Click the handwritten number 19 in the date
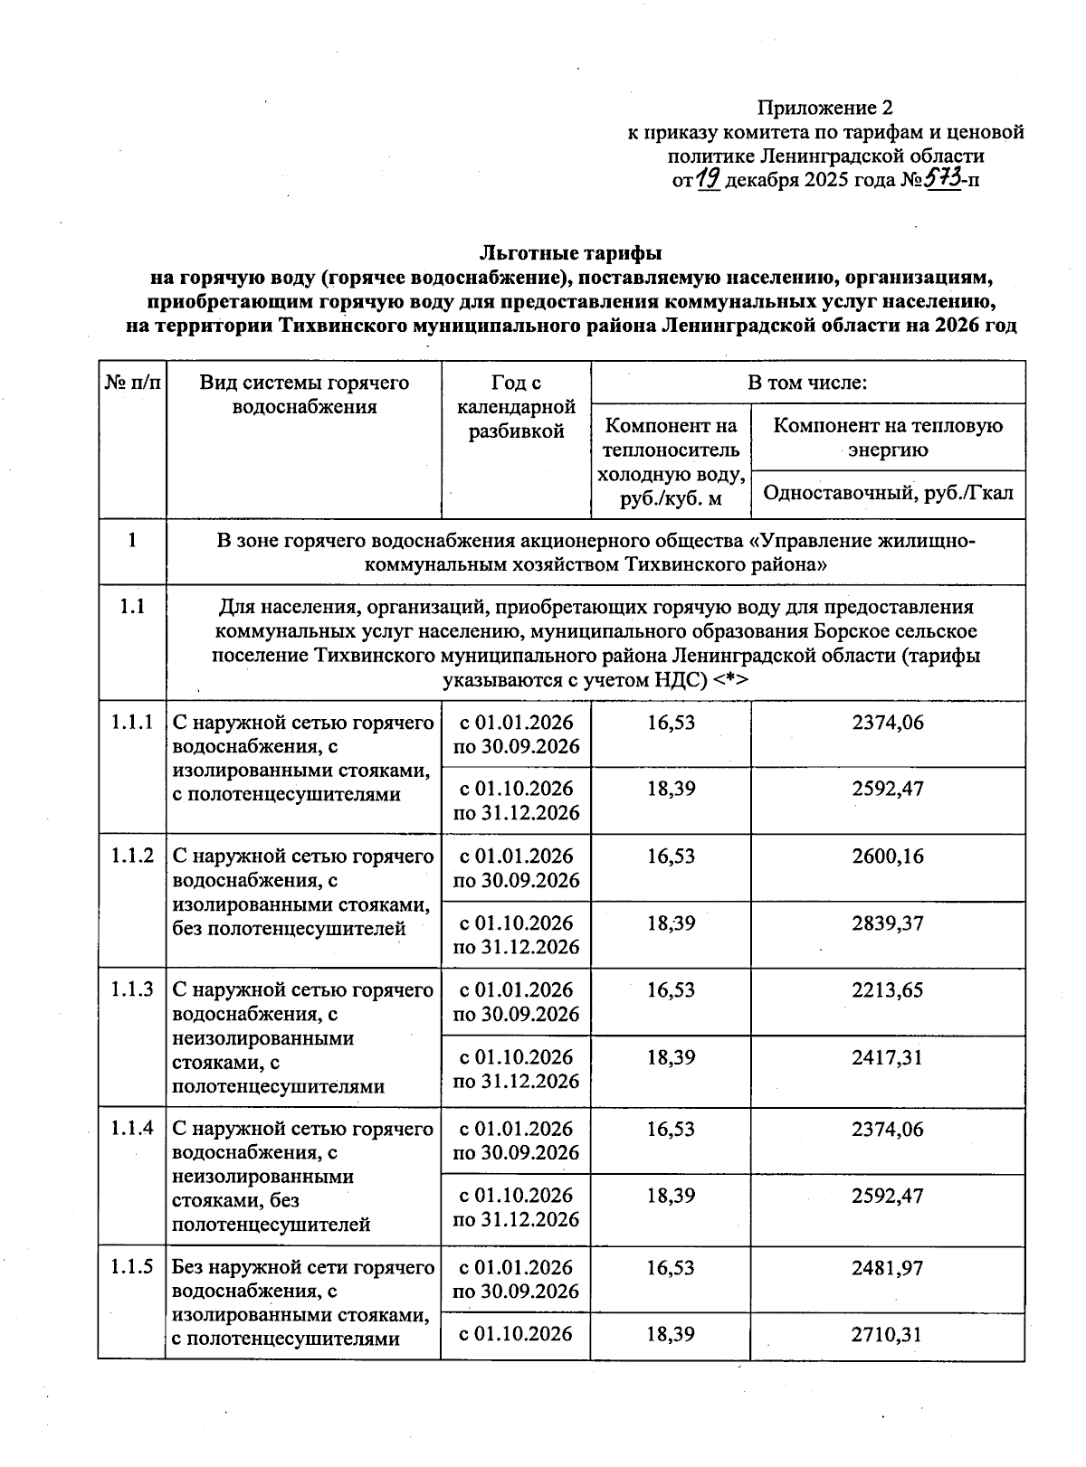click(x=710, y=179)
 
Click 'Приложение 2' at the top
click(x=818, y=109)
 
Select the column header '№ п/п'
click(x=132, y=383)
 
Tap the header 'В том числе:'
click(x=807, y=383)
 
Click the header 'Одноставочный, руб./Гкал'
click(x=888, y=494)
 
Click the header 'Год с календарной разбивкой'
click(x=516, y=407)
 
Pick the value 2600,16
click(x=888, y=857)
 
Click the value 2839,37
click(x=888, y=923)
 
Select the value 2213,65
click(x=888, y=990)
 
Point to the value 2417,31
click(x=888, y=1057)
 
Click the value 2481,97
click(x=888, y=1268)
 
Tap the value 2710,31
click(x=888, y=1334)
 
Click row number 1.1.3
click(x=132, y=990)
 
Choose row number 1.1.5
click(x=132, y=1268)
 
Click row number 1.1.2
click(x=132, y=857)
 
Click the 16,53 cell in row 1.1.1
click(x=671, y=724)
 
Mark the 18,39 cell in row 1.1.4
click(x=671, y=1196)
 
